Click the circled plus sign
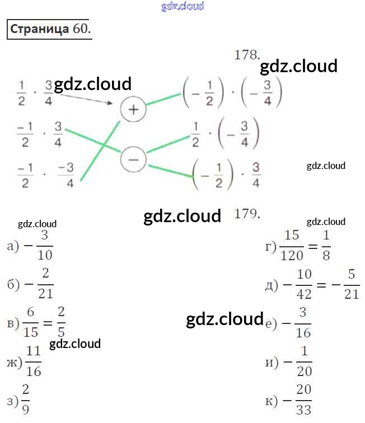pyautogui.click(x=133, y=110)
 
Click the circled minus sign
pyautogui.click(x=133, y=159)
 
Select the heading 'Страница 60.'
pyautogui.click(x=49, y=29)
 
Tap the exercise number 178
pyautogui.click(x=247, y=55)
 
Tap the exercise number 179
pyautogui.click(x=247, y=213)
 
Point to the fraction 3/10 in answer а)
pyautogui.click(x=46, y=246)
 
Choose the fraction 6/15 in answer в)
pyautogui.click(x=31, y=323)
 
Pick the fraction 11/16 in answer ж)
pyautogui.click(x=34, y=361)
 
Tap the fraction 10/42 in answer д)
pyautogui.click(x=304, y=284)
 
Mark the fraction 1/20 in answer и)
pyautogui.click(x=303, y=361)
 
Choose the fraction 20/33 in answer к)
pyautogui.click(x=303, y=399)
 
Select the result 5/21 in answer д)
pyautogui.click(x=352, y=284)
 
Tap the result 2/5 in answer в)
pyautogui.click(x=61, y=323)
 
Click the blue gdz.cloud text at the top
pyautogui.click(x=182, y=6)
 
